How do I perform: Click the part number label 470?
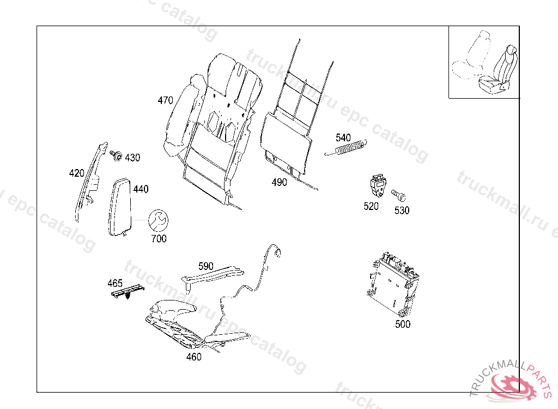165,100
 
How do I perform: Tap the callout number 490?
279,183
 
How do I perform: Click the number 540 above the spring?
343,137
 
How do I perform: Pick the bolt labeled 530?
399,194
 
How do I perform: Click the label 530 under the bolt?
402,210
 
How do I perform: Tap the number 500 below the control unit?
403,324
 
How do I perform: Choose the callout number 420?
76,173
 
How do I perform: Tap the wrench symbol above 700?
159,220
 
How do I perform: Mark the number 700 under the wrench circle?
159,239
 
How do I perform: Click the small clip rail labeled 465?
126,293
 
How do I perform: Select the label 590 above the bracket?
205,266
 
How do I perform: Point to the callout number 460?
193,357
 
